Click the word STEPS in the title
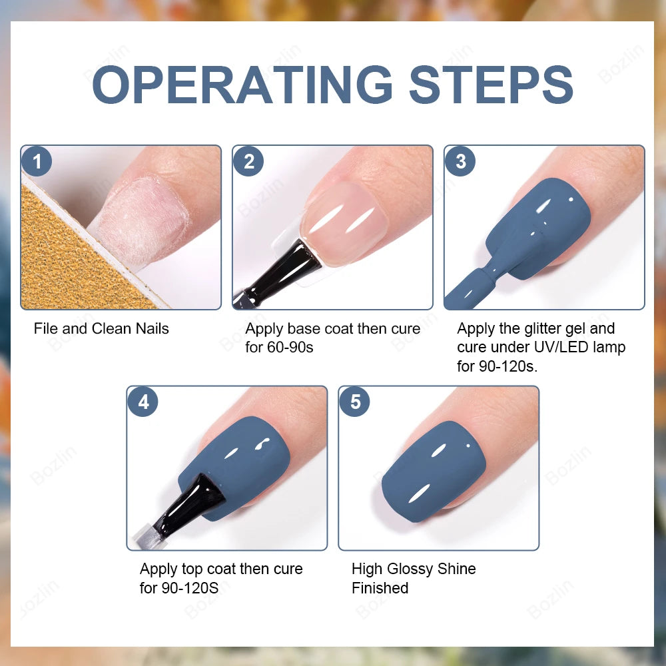pos(491,85)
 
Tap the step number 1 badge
pos(37,162)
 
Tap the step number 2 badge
pos(248,162)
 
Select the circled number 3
pos(460,162)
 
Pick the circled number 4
pos(143,402)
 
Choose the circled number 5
pos(354,402)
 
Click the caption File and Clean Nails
pos(101,328)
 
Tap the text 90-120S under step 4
pos(189,588)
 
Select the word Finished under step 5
pos(380,588)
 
